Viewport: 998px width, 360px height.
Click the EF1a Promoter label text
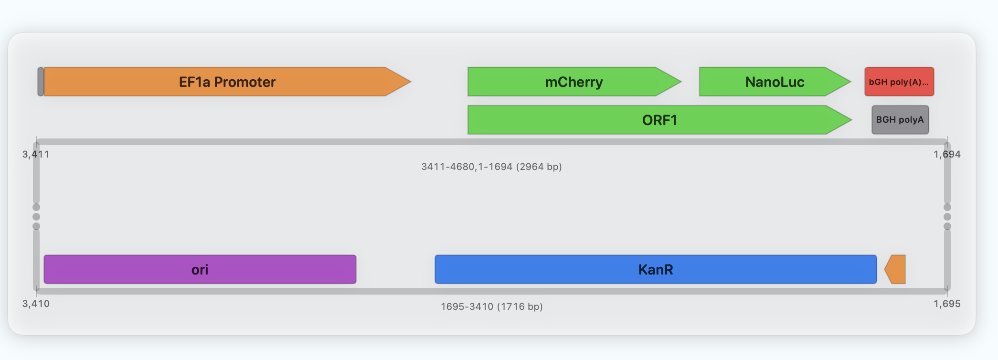click(227, 82)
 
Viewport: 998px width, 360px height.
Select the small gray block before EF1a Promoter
click(41, 82)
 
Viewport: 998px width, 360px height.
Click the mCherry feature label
click(573, 82)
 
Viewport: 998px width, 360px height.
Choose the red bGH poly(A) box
click(899, 82)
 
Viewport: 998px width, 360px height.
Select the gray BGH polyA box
click(900, 120)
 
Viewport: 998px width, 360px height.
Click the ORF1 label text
click(659, 120)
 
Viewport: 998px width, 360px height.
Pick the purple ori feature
click(200, 269)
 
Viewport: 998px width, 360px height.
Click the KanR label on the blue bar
click(655, 270)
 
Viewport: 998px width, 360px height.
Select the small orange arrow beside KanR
click(895, 269)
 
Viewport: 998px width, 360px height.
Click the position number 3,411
click(36, 154)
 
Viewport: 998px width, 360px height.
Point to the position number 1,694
click(947, 154)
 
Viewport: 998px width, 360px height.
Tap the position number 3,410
click(36, 304)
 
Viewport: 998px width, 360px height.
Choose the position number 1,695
click(947, 304)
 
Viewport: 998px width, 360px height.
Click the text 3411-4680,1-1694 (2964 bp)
click(491, 167)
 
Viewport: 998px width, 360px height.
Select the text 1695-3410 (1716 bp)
click(491, 307)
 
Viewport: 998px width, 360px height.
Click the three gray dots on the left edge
click(36, 217)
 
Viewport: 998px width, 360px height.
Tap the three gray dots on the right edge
click(947, 217)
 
